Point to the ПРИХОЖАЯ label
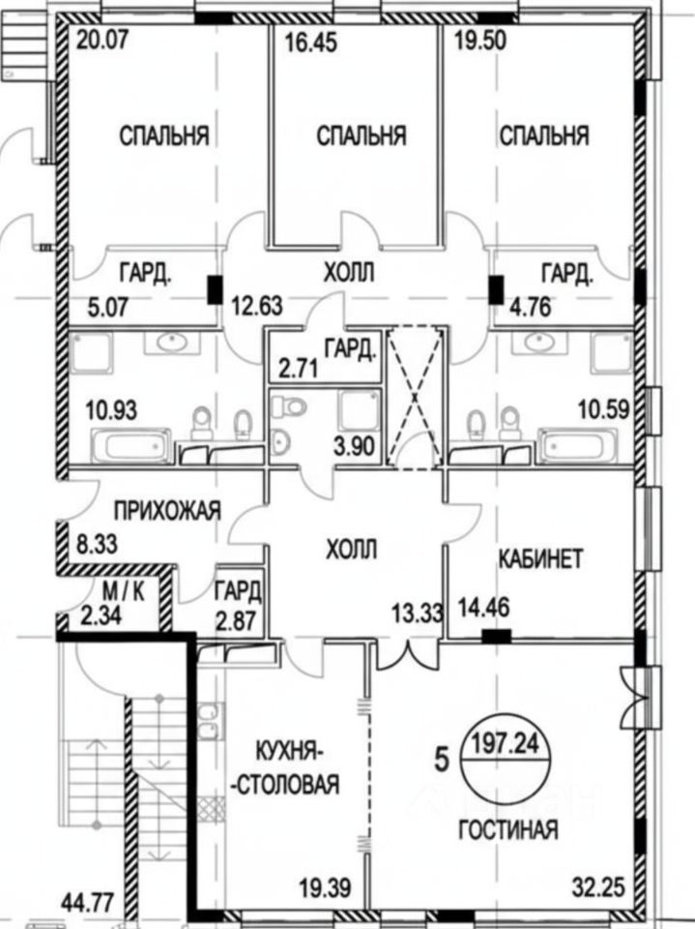point(166,509)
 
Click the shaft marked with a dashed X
point(415,397)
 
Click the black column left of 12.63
point(214,288)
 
